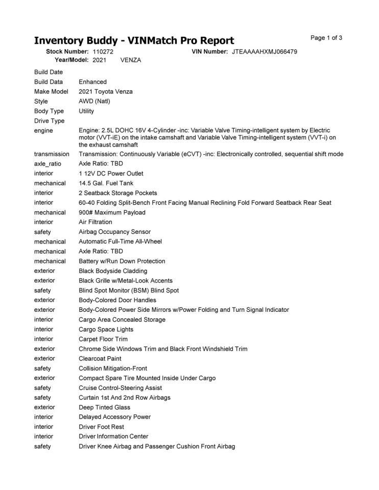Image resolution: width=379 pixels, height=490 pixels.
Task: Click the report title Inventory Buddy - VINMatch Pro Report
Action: [x=134, y=40]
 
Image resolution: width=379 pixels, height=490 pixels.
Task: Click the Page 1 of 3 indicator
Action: [x=326, y=38]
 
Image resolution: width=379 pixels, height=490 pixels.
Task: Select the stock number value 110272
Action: [x=103, y=52]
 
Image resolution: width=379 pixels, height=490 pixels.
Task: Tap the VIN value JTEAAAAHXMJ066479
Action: [x=265, y=52]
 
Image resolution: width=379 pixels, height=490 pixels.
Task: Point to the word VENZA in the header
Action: [x=131, y=60]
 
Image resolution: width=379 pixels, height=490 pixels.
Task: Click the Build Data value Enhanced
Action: [x=92, y=82]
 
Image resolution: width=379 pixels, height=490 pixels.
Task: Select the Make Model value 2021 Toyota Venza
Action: [x=105, y=91]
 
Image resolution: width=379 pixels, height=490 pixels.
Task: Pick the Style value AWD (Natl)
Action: [x=94, y=101]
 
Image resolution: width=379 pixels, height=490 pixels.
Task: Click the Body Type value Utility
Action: [x=86, y=111]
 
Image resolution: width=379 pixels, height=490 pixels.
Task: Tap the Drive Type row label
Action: [x=49, y=121]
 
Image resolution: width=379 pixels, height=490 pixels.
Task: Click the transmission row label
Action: [x=52, y=154]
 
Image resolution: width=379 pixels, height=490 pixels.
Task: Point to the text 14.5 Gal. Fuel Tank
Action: [x=106, y=183]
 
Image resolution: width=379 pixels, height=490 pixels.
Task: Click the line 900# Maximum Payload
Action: [x=112, y=212]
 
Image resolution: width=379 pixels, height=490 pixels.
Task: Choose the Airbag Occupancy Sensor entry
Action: [x=114, y=232]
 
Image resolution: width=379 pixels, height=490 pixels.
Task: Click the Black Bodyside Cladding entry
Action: [x=112, y=271]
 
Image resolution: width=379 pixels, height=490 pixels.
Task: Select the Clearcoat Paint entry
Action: [x=100, y=358]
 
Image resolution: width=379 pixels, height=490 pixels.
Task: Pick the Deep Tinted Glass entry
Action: [x=104, y=407]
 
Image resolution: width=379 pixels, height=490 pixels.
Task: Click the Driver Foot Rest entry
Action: [x=101, y=427]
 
